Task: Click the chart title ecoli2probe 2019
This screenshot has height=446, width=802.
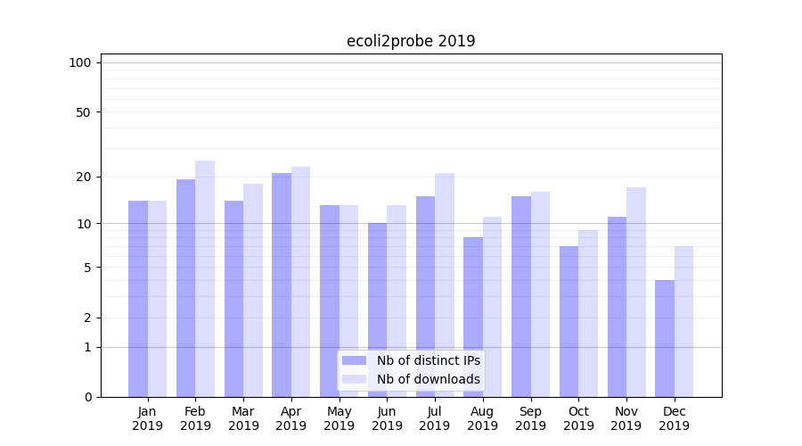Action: [411, 41]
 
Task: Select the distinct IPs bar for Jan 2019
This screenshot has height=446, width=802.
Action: [138, 299]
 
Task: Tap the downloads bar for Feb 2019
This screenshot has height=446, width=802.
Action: [205, 278]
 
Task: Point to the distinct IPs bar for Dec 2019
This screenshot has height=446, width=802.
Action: [665, 338]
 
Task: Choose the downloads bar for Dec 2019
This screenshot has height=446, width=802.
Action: [683, 321]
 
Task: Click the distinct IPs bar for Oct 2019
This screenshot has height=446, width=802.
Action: [569, 321]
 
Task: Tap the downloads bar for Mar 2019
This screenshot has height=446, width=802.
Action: [253, 290]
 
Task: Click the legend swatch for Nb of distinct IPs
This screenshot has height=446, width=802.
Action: [354, 360]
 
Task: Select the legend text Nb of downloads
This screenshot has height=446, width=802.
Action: [429, 379]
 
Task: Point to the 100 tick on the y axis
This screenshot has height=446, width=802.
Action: [80, 62]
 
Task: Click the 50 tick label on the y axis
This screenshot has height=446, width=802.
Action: [84, 112]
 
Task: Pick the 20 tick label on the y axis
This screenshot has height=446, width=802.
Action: [84, 177]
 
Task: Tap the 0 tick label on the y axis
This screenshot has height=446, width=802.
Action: [87, 397]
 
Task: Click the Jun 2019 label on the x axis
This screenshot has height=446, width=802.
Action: [387, 418]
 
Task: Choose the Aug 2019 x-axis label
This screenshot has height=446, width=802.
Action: [483, 418]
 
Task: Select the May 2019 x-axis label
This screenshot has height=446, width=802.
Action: [339, 418]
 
